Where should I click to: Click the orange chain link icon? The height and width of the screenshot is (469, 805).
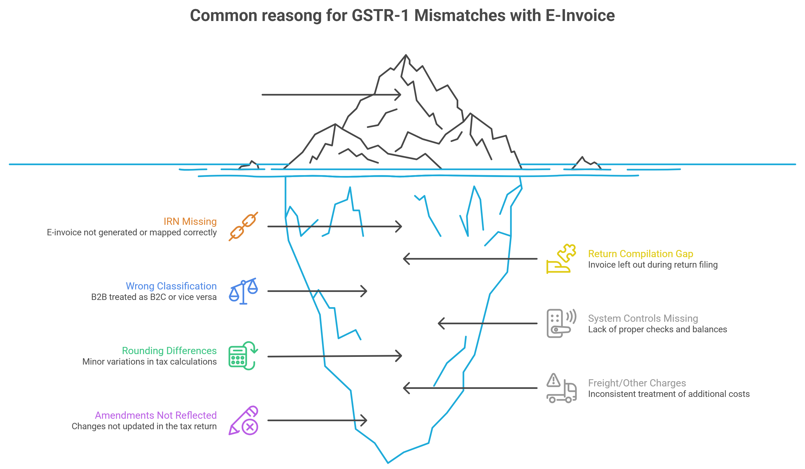point(243,226)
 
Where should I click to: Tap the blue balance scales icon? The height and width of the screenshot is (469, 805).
point(243,291)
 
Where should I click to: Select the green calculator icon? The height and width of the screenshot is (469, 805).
point(243,355)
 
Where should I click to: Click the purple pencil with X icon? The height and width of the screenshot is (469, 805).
point(243,420)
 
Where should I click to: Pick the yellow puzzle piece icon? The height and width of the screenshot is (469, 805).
point(561,259)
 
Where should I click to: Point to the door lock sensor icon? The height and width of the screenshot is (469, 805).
point(561,323)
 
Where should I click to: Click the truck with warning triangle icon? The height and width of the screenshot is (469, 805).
point(561,388)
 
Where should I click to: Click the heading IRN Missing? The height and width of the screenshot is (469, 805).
point(190,222)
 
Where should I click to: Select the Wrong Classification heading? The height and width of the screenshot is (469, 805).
point(171,286)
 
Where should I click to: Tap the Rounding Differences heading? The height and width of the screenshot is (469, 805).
point(169,351)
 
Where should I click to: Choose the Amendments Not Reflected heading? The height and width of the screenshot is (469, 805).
point(156,415)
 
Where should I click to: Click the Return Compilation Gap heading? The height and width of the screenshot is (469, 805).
point(640,254)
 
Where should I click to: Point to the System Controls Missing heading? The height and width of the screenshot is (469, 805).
point(643,318)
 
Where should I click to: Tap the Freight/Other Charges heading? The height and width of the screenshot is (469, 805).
point(637,383)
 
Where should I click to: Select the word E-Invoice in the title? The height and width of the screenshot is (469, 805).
point(580,15)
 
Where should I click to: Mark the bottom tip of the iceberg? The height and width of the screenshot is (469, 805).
point(388,462)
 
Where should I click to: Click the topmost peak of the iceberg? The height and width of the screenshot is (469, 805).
point(406,55)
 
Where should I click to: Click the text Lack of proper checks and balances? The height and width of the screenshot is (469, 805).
point(657,330)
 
